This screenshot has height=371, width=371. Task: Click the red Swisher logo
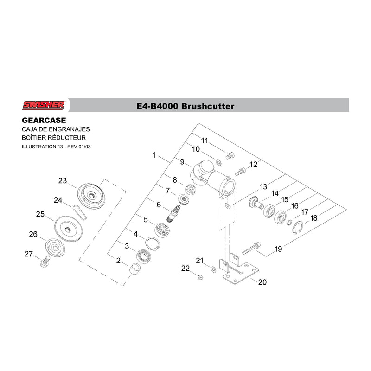click(43, 105)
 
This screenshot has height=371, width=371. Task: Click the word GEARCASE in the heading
click(44, 120)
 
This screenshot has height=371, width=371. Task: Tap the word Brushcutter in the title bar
click(208, 106)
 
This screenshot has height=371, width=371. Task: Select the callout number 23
click(63, 180)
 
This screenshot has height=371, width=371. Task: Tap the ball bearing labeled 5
click(162, 229)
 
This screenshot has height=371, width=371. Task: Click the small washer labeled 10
click(218, 162)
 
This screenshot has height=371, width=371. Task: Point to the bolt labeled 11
click(230, 156)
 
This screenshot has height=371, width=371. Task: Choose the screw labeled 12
click(241, 172)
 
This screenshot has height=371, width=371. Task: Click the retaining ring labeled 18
click(298, 227)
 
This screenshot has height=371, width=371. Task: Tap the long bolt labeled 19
click(251, 248)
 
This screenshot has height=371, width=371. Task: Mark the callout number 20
click(262, 282)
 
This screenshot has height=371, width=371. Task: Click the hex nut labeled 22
click(200, 277)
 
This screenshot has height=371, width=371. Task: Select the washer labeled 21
click(213, 269)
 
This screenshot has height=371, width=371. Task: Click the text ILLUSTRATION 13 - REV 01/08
click(56, 147)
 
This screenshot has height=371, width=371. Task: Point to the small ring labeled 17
click(289, 223)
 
